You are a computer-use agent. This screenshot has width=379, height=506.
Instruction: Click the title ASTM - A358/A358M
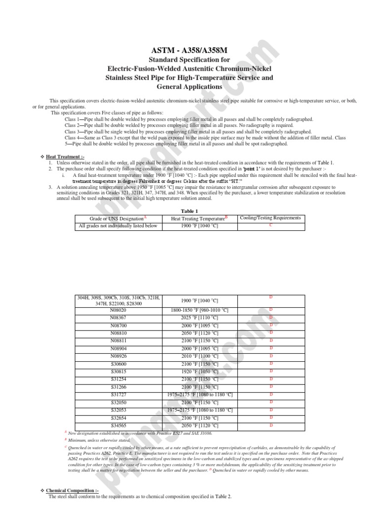(189, 51)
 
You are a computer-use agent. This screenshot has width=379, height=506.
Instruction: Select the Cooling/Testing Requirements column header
(270, 218)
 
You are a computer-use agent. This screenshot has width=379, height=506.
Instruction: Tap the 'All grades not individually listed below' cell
(118, 226)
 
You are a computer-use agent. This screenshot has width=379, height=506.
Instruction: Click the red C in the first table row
(270, 225)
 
